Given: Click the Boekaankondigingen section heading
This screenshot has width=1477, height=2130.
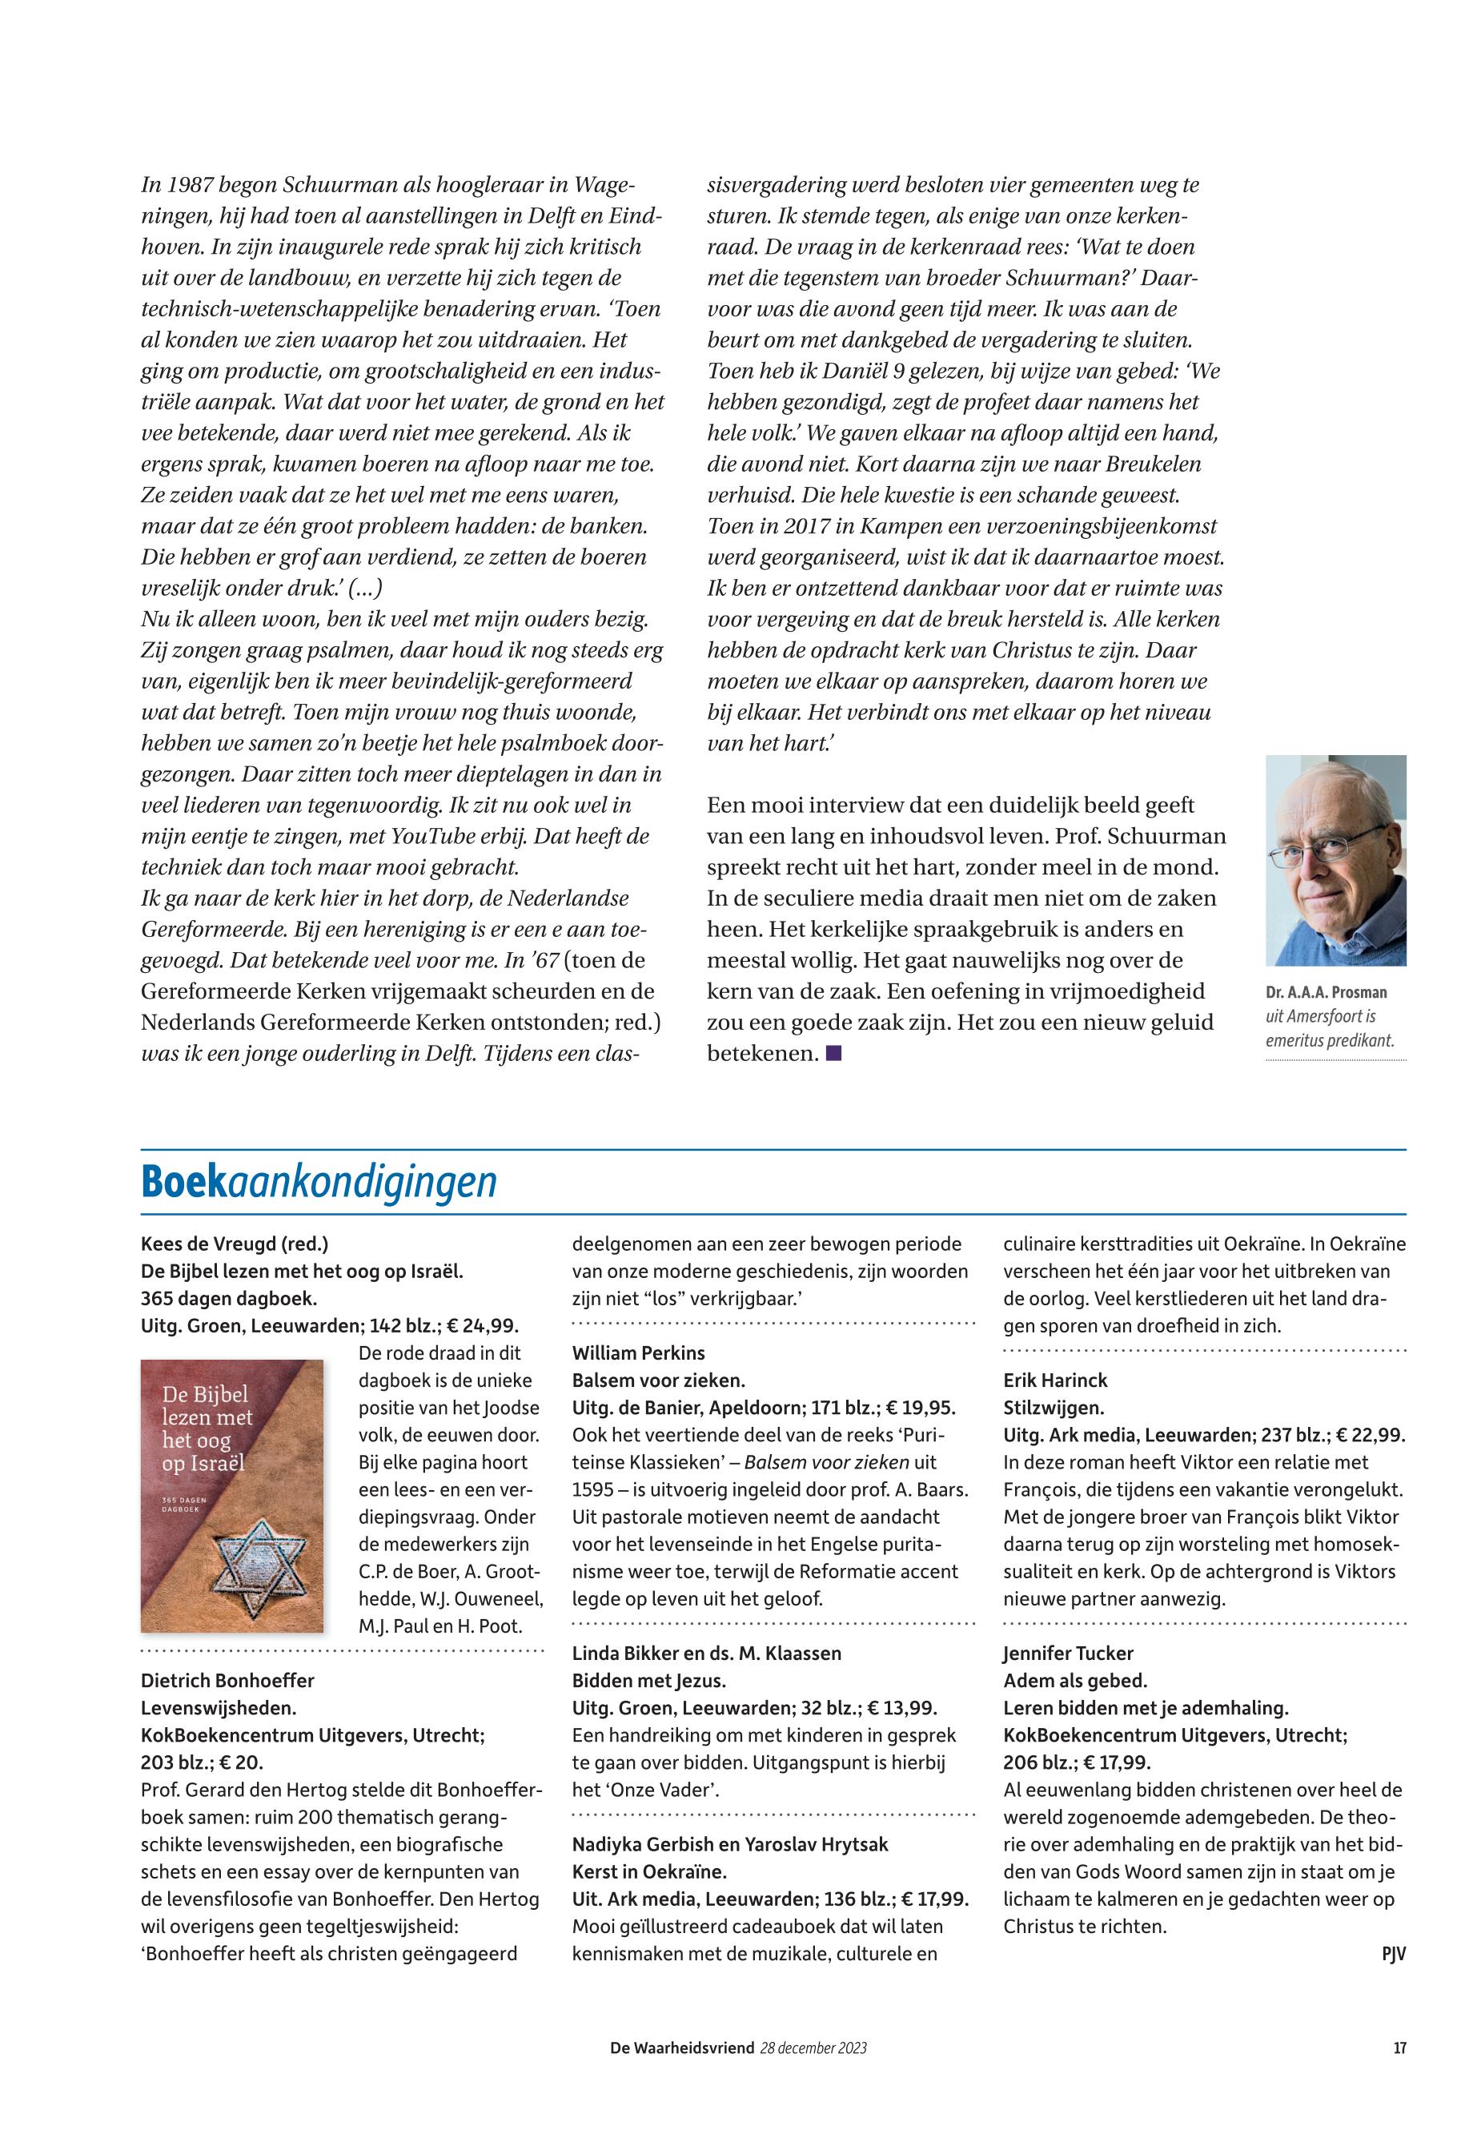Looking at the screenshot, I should [319, 1182].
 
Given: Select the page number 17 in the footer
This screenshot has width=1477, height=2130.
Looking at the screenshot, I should [1399, 2048].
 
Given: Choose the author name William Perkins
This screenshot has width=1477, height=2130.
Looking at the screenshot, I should [639, 1352].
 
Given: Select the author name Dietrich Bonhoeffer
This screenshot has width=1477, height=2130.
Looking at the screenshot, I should [227, 1679].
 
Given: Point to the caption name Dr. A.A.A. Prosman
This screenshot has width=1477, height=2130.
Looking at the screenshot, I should [1326, 992].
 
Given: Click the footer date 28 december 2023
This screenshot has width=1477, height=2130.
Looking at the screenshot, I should [813, 2048].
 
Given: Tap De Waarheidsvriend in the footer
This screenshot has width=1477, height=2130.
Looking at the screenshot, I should [682, 2048].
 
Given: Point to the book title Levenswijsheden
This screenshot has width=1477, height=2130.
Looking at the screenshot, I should [219, 1707].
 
